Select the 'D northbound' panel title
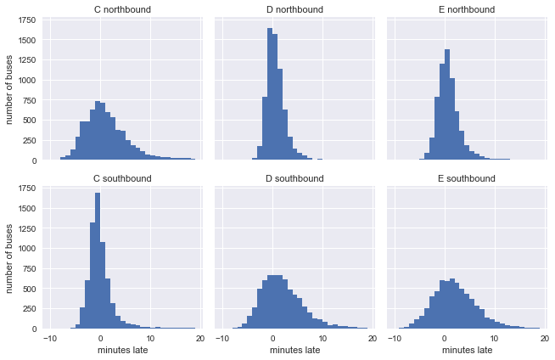[293, 10]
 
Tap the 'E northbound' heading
[464, 10]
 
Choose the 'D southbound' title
[293, 178]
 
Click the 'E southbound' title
[464, 178]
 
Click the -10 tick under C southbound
[50, 339]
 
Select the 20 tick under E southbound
[542, 339]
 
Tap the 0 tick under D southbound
[272, 339]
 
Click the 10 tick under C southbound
[150, 339]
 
